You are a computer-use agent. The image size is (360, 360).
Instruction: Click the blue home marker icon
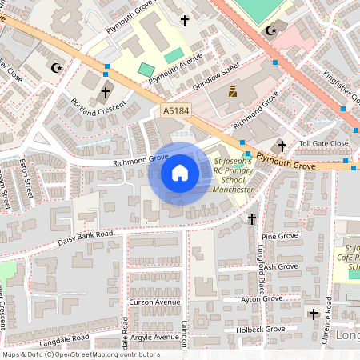tap(179, 173)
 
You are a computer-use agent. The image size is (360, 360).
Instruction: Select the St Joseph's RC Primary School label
tap(234, 174)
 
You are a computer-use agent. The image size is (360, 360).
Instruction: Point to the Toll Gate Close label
tap(323, 143)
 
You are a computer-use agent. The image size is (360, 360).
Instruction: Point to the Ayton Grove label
tap(262, 298)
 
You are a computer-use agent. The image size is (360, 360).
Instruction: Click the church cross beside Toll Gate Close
tap(281, 146)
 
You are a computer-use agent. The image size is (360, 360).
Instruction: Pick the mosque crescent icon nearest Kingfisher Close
tap(270, 30)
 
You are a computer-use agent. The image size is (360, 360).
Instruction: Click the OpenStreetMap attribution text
tap(80, 354)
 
